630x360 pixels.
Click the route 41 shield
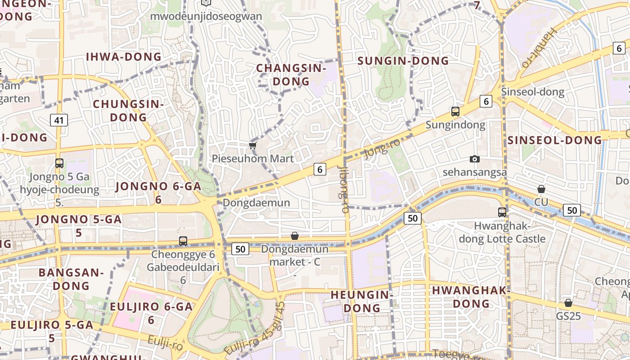(x=59, y=120)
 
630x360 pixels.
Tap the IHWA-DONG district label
(x=123, y=57)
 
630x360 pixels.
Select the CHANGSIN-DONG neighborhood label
(x=291, y=75)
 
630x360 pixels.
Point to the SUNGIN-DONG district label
(x=403, y=61)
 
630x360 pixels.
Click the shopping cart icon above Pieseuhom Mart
(x=253, y=145)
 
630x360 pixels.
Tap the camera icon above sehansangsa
(x=474, y=159)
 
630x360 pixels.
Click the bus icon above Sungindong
(x=455, y=111)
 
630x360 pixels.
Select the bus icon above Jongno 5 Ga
(x=59, y=163)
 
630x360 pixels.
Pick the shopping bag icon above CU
(x=541, y=189)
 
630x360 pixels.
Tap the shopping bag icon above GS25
(x=568, y=303)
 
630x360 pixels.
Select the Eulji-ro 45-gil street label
(x=255, y=330)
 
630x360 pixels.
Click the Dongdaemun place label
(x=256, y=202)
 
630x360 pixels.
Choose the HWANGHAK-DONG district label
(x=471, y=297)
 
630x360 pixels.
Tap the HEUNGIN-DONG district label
(x=362, y=301)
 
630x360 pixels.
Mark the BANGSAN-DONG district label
(x=71, y=279)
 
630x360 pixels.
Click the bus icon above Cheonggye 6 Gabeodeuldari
(x=183, y=241)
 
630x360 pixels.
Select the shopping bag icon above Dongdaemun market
(x=294, y=236)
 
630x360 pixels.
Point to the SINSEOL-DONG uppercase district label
(x=554, y=140)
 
